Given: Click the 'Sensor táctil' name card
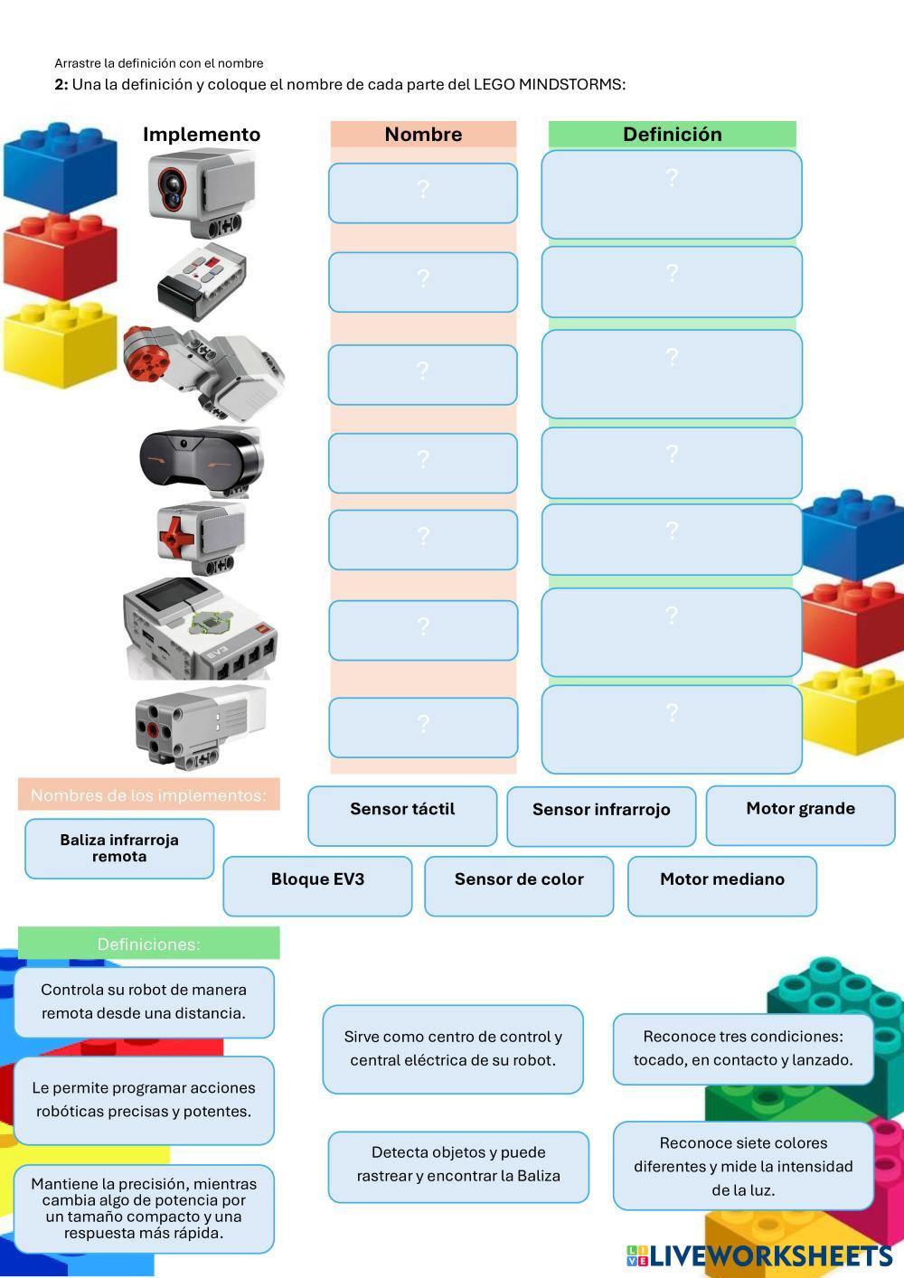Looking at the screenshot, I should pos(402,815).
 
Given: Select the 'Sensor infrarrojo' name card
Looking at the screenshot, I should pos(601,816).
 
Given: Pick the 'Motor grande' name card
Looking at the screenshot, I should pos(800,815).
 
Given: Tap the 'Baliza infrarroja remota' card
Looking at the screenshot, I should pos(119,848).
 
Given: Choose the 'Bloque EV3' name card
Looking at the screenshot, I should pos(317,886).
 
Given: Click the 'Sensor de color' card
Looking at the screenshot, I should pos(519,886).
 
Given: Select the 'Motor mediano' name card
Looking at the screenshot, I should pos(721,886).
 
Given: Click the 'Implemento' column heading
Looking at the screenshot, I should pos(202,135).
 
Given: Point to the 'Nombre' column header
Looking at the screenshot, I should pos(423,135).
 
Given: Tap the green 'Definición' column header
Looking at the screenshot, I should pos(672,135).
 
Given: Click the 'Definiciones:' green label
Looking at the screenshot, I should pos(149,944).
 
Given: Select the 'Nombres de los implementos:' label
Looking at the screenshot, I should pos(149,795).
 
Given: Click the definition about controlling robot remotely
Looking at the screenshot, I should pos(144,1001).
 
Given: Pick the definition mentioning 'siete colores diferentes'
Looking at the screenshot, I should pos(743,1166).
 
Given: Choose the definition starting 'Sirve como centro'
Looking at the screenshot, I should pos(453,1048).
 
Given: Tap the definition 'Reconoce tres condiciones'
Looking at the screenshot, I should pos(743,1048).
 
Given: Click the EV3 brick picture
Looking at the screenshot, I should pos(199,629).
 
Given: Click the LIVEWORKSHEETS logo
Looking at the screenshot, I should pos(759,1255).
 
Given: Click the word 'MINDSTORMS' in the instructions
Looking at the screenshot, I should pos(571,85).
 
